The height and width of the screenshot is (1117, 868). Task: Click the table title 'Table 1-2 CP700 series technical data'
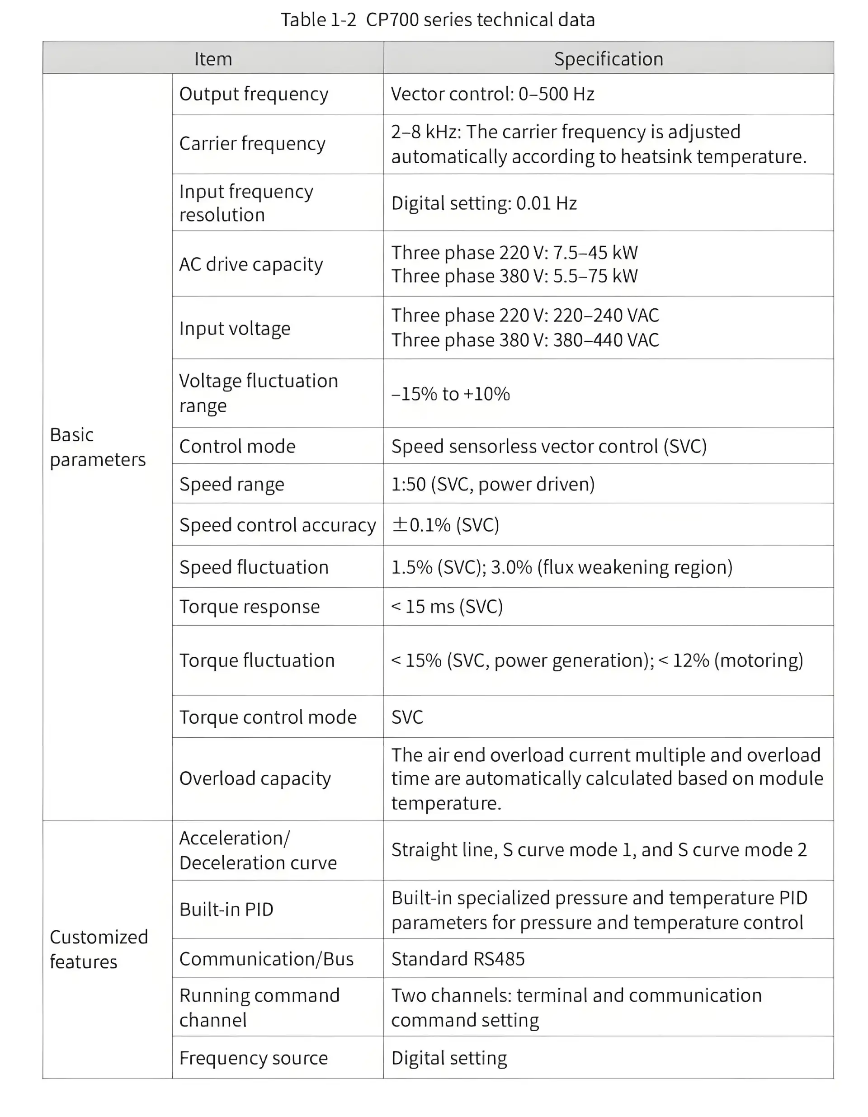[x=437, y=20]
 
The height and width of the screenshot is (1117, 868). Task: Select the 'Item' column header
[x=213, y=59]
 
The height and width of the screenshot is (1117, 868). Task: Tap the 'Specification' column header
[x=608, y=59]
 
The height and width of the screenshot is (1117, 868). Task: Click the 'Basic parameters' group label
[x=97, y=447]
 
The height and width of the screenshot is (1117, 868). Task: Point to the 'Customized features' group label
[x=99, y=949]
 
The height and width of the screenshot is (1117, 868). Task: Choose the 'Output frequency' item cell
[x=254, y=94]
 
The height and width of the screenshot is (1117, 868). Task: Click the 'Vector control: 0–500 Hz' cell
[x=493, y=94]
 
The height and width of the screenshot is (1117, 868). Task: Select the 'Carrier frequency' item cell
[x=252, y=144]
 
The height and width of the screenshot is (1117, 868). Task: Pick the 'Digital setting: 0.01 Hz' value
[x=484, y=203]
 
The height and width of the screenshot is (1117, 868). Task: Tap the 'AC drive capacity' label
[x=251, y=264]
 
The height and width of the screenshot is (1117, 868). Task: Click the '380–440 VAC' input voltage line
[x=525, y=340]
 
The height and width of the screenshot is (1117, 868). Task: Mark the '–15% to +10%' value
[x=451, y=394]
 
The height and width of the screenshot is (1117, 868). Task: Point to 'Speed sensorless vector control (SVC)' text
[x=549, y=447]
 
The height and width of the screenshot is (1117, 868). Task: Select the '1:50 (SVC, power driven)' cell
[x=493, y=484]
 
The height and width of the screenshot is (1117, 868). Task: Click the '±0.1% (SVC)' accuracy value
[x=445, y=525]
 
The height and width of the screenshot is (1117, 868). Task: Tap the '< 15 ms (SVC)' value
[x=447, y=607]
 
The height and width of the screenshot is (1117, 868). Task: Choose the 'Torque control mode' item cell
[x=268, y=717]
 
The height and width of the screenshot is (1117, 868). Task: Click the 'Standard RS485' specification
[x=458, y=959]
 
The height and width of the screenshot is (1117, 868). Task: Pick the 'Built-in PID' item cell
[x=226, y=910]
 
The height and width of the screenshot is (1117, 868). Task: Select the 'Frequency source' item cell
[x=254, y=1058]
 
